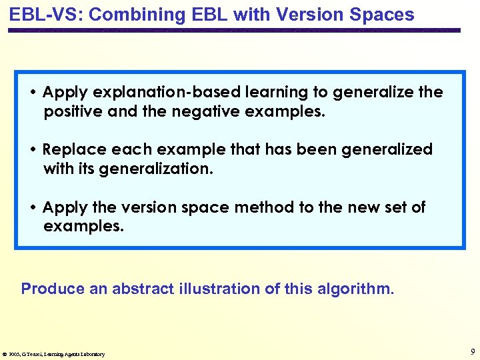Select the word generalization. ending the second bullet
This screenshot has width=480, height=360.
pyautogui.click(x=156, y=169)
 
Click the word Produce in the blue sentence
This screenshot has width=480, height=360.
pyautogui.click(x=53, y=289)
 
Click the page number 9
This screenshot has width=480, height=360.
pyautogui.click(x=472, y=351)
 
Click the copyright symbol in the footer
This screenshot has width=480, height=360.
pyautogui.click(x=5, y=354)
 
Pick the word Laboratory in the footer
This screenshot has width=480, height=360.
pyautogui.click(x=90, y=354)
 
